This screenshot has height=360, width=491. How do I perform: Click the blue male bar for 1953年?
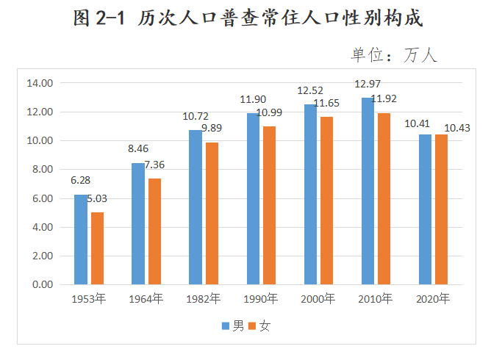[81, 240]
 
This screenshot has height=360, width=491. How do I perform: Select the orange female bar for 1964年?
[154, 231]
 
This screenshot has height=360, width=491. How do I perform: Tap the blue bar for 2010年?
[368, 191]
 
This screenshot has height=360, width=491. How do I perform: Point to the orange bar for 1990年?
[269, 206]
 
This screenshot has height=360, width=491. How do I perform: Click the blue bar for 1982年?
[196, 207]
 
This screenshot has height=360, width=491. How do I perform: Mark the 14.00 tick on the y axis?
[40, 83]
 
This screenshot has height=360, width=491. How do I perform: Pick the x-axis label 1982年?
[203, 299]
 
